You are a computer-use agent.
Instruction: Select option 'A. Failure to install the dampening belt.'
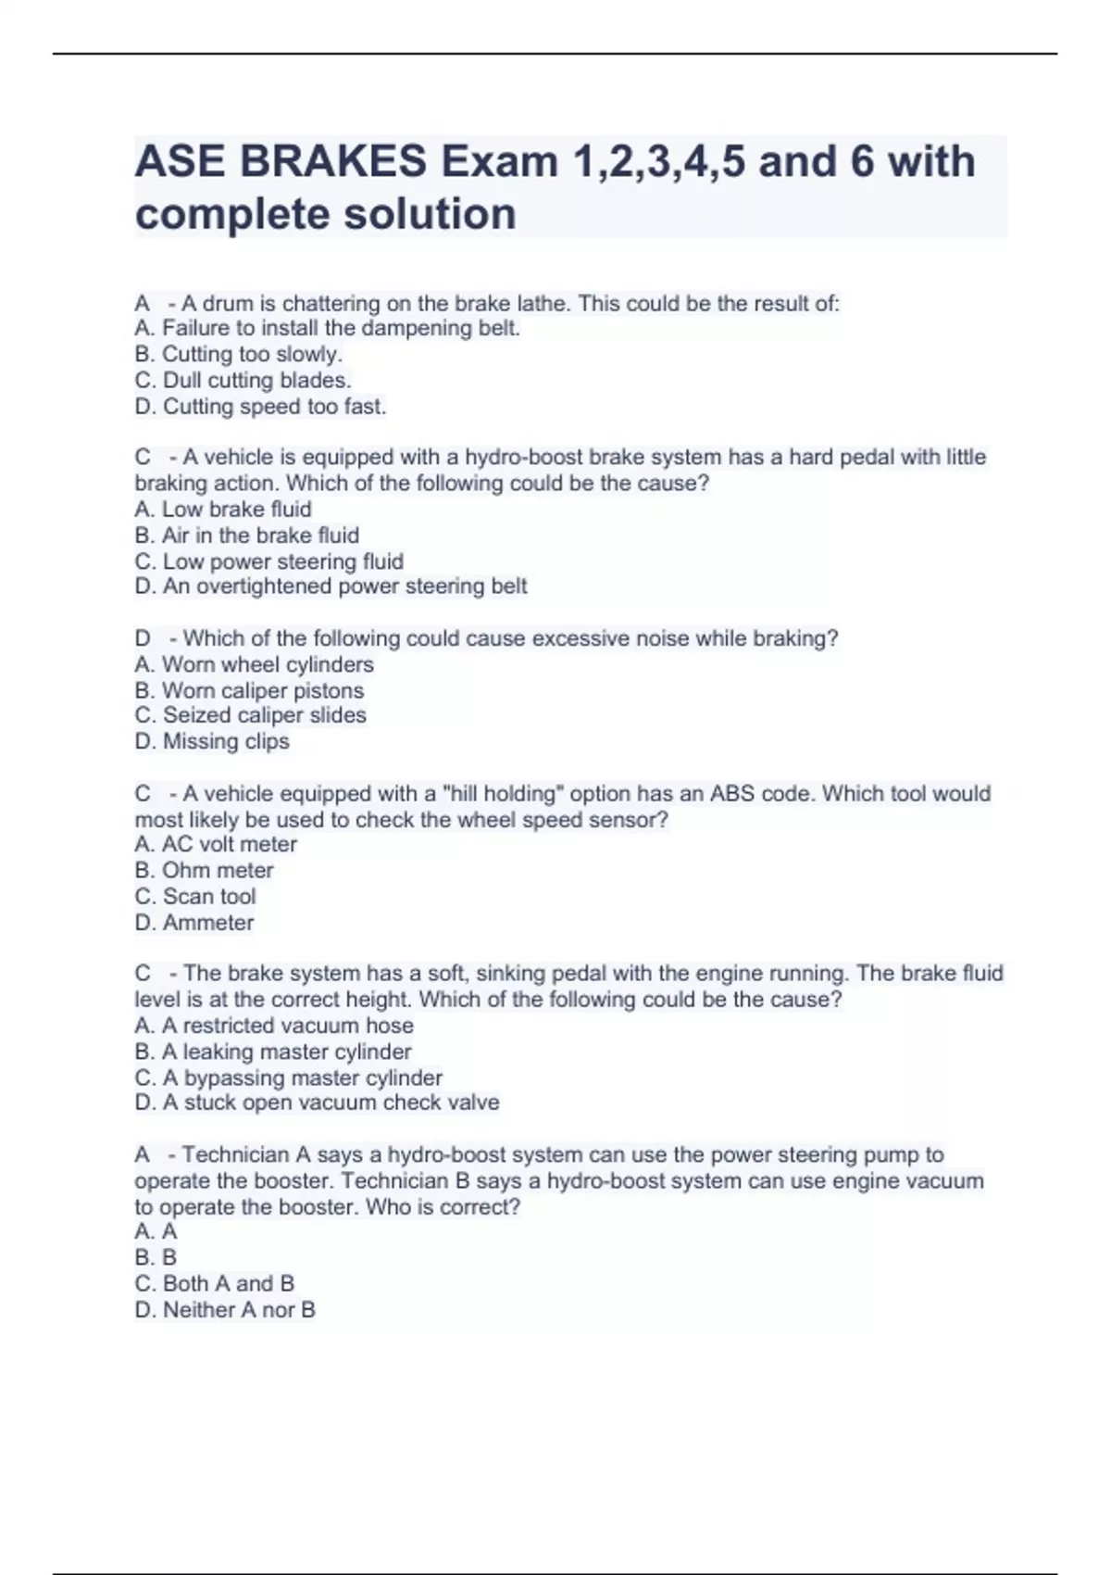point(327,328)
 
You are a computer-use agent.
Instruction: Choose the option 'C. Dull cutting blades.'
point(243,380)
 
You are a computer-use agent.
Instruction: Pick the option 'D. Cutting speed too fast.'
point(260,406)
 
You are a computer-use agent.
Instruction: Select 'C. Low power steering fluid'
point(268,561)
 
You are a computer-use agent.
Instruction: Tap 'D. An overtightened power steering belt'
point(331,586)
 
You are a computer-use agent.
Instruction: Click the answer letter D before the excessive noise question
point(143,638)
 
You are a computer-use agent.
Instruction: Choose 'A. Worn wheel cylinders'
point(254,664)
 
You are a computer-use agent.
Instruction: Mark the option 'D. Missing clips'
point(212,741)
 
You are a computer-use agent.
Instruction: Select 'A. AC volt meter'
point(216,844)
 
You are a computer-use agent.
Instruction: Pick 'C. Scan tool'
point(194,896)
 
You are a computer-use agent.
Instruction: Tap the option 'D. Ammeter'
point(193,923)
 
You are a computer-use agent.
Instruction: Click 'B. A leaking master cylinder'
point(273,1052)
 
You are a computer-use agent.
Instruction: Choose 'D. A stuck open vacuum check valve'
point(317,1102)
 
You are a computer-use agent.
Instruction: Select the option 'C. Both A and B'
point(214,1283)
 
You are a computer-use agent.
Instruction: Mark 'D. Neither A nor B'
point(225,1310)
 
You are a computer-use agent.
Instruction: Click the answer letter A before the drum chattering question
point(143,304)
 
